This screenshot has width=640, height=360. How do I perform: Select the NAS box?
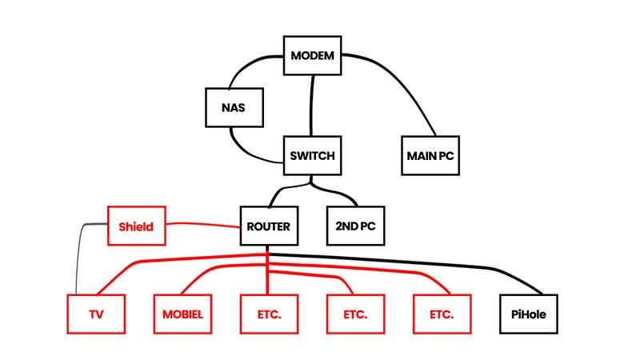click(x=234, y=106)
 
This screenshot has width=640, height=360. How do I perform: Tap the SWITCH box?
click(x=313, y=155)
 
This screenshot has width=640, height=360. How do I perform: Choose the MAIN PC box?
click(x=430, y=155)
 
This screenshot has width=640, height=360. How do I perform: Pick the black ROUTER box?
click(x=269, y=226)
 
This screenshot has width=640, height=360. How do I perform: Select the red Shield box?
click(x=136, y=226)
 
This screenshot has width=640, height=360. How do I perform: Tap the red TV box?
click(x=97, y=314)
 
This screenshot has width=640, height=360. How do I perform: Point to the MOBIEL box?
click(x=183, y=314)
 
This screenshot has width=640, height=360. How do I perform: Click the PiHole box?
click(x=528, y=314)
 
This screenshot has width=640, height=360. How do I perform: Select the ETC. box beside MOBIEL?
click(x=270, y=314)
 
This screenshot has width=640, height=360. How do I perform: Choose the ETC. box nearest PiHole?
click(x=442, y=314)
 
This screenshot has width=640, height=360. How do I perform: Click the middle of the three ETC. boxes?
click(x=356, y=314)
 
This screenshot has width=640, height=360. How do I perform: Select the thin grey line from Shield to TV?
click(x=78, y=256)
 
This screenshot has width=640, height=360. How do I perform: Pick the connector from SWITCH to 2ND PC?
click(x=340, y=192)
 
